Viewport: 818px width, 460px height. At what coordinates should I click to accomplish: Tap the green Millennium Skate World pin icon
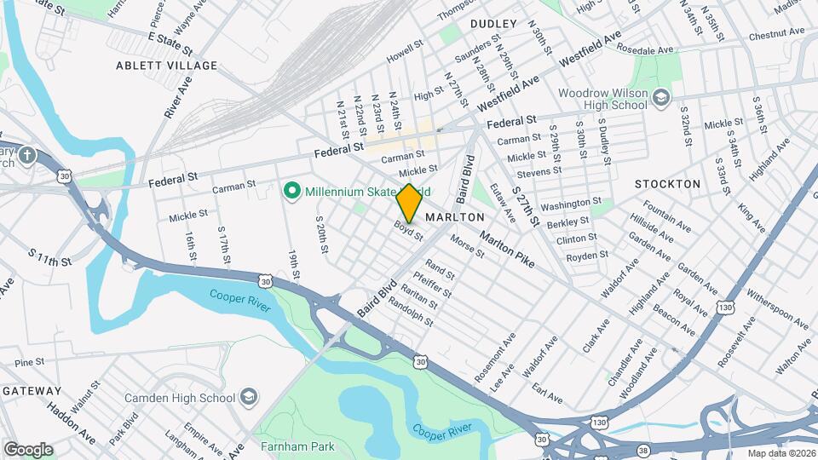(x=291, y=190)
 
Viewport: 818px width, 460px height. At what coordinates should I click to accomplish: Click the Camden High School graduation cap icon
(x=247, y=398)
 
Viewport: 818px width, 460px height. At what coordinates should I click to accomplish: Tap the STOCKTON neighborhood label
(x=667, y=184)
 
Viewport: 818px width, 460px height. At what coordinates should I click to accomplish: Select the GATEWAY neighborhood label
(x=32, y=390)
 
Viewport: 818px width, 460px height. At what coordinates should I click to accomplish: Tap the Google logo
(x=28, y=450)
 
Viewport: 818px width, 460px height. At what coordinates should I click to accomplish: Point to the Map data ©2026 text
(x=779, y=453)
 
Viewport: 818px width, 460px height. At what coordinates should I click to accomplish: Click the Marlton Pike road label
(x=507, y=249)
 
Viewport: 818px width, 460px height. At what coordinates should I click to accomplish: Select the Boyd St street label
(x=408, y=230)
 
